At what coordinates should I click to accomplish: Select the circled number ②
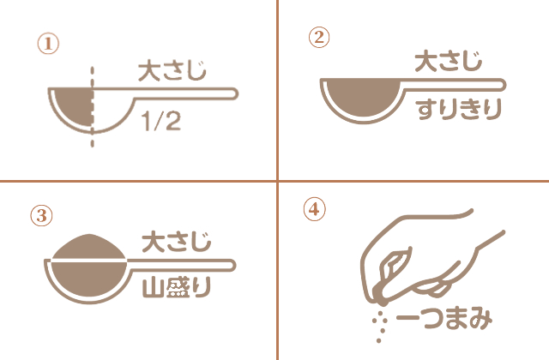(318, 36)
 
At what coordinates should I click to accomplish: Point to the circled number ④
(315, 208)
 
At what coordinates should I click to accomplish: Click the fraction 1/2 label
(161, 123)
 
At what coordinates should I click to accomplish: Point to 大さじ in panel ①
(172, 71)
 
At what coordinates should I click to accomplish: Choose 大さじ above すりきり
(447, 61)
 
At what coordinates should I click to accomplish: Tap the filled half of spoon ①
(74, 105)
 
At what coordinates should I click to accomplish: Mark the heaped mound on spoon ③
(90, 246)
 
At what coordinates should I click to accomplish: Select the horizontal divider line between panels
(137, 181)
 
